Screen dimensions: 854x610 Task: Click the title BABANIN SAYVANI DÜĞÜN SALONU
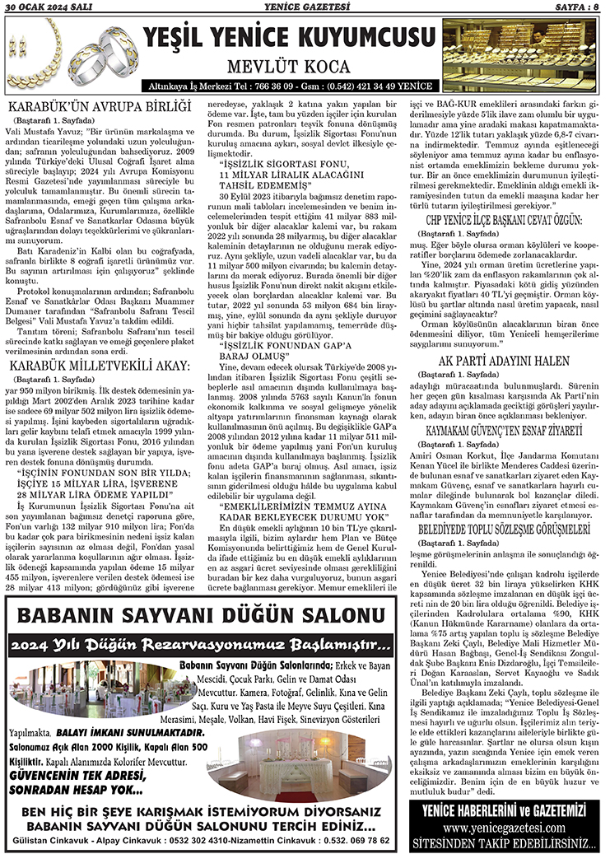tap(204, 615)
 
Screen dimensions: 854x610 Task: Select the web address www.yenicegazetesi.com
tap(505, 827)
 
